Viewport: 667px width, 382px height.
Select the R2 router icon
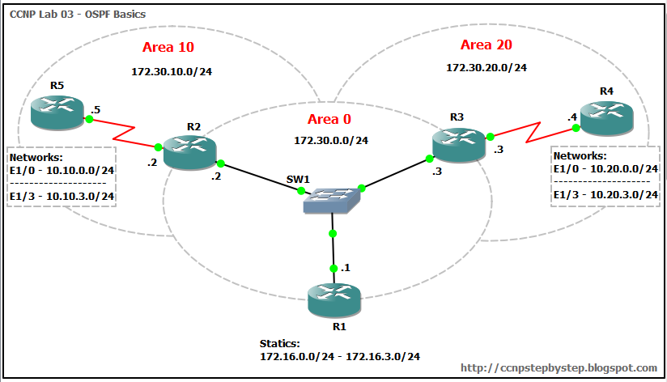tap(189, 151)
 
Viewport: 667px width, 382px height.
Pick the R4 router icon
tap(606, 118)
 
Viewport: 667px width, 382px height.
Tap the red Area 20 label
tap(486, 45)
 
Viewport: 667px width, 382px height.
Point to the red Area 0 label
tap(329, 120)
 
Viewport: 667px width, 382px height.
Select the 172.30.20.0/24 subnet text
tap(486, 68)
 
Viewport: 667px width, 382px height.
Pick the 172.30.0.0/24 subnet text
tap(330, 140)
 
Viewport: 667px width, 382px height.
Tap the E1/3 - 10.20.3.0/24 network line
tap(605, 194)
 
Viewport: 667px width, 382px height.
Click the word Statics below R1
tap(279, 344)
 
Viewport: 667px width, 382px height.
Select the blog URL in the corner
tap(559, 367)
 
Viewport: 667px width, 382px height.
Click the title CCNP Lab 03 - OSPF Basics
tap(67, 15)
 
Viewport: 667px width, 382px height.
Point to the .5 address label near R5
tap(96, 109)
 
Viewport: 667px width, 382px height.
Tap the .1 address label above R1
tap(346, 267)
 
